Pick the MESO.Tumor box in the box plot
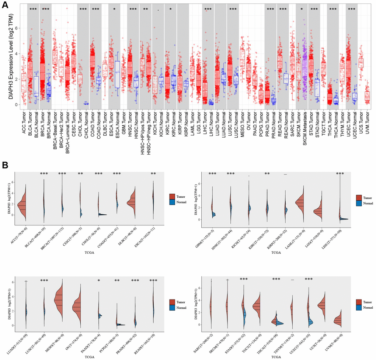pyautogui.click(x=242, y=57)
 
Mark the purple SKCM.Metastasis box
pyautogui.click(x=304, y=68)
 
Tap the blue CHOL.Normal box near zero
pyautogui.click(x=86, y=104)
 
